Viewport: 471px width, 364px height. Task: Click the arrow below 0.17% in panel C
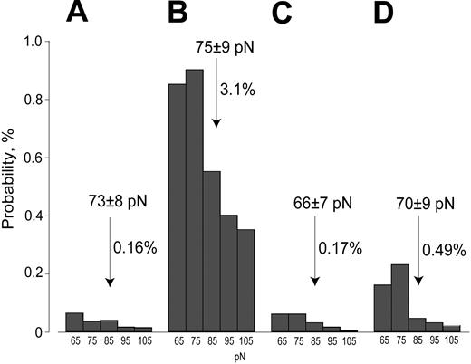pos(313,263)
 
